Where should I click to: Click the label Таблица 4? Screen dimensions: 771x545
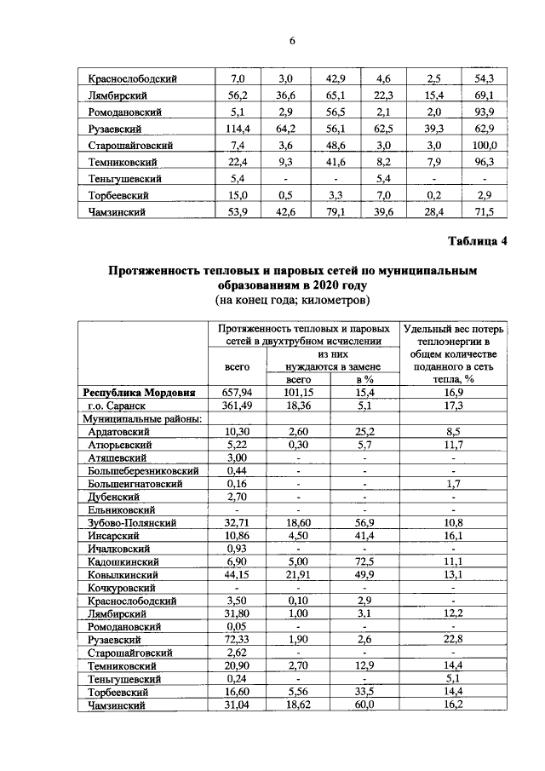click(x=478, y=240)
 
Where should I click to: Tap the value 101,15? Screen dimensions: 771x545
click(x=299, y=393)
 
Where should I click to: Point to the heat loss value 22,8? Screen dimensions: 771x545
click(x=453, y=638)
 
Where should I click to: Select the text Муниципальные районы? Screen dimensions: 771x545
click(x=141, y=420)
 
